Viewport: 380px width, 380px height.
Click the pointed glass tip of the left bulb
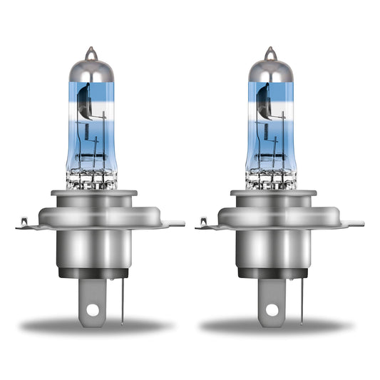click(90, 51)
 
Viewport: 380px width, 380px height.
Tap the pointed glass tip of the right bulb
click(269, 51)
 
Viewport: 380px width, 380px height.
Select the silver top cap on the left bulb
click(90, 70)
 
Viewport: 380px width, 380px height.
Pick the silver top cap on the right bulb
click(269, 70)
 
